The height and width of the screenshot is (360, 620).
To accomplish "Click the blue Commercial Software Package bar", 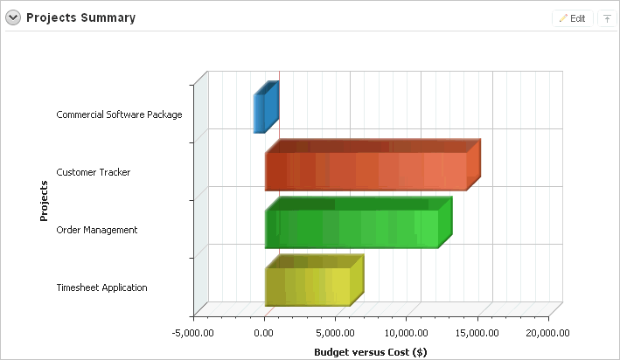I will (x=259, y=113).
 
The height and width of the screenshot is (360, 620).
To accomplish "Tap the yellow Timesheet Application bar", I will (x=308, y=287).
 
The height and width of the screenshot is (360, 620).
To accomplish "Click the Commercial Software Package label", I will (x=119, y=114).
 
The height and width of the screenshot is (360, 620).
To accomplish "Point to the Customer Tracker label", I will (x=94, y=172).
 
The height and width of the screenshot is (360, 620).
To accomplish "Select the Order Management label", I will (x=97, y=230).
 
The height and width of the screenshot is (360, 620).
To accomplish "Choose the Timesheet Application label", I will (x=101, y=287).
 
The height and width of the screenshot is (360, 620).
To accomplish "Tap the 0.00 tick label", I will (x=265, y=333).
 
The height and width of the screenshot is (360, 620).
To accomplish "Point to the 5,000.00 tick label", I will (x=335, y=333).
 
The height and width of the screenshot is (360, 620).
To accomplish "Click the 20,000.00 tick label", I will (x=547, y=333).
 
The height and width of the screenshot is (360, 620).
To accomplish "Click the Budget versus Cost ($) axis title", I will (x=370, y=351).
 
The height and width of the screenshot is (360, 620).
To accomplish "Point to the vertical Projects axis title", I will (x=44, y=201).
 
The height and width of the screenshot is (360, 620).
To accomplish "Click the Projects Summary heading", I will (x=80, y=17).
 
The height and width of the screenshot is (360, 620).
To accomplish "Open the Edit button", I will (x=573, y=18).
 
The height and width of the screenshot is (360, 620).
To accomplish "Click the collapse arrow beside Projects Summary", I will (x=14, y=17).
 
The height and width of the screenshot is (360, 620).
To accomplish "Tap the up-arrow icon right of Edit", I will (x=607, y=18).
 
